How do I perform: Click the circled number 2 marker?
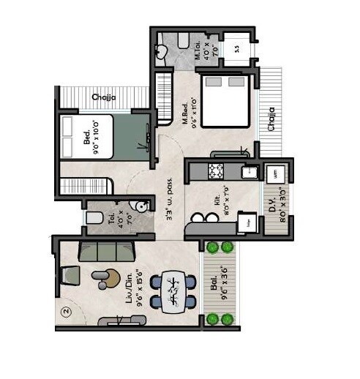click(x=66, y=311)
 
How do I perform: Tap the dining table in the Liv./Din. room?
click(x=173, y=290)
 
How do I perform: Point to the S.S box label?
click(x=236, y=49)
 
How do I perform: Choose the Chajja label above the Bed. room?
click(x=102, y=97)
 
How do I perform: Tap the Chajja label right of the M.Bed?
click(x=271, y=120)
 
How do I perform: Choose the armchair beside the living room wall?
click(x=70, y=274)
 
